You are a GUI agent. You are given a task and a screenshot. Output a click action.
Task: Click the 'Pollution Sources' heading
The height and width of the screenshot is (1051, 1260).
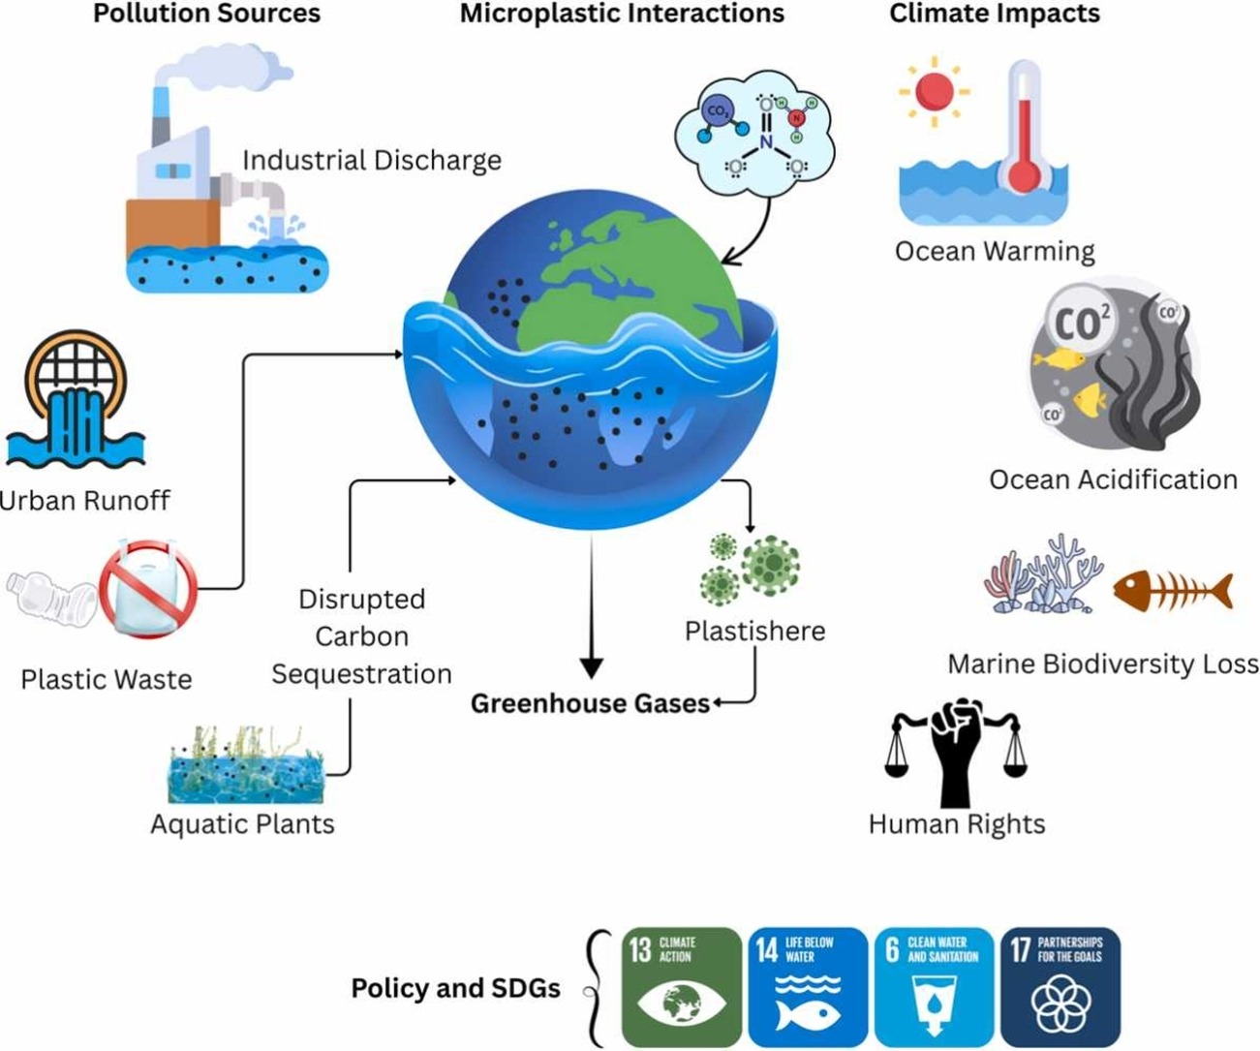coord(206,14)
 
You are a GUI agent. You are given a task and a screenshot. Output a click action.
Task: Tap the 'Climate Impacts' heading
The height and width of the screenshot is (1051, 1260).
coord(995,14)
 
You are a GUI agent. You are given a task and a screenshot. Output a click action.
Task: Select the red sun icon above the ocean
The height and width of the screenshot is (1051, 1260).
coord(934,92)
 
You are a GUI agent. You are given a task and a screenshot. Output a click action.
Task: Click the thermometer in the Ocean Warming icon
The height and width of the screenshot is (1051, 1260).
coord(1024,126)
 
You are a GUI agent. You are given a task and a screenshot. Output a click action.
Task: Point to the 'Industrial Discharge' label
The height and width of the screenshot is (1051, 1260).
coord(372,160)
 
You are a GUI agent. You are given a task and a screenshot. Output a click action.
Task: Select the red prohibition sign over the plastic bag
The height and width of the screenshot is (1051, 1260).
coord(155,587)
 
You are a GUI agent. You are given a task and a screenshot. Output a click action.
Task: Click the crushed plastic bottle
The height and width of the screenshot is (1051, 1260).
coord(53,601)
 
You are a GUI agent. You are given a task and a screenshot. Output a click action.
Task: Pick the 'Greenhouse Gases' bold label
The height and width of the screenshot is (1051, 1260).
coord(590,703)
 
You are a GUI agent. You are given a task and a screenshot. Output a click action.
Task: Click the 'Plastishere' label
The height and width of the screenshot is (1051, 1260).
coord(754,632)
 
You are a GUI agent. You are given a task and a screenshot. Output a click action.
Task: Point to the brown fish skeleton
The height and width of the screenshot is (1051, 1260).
coord(1173,589)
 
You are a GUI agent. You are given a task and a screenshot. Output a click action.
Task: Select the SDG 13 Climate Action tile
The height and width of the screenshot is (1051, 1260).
coord(681,986)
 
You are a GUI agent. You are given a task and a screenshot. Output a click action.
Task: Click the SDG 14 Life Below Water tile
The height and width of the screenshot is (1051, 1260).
coord(806,986)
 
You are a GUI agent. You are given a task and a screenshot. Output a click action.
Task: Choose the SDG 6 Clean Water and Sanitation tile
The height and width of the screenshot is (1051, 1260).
coord(934,986)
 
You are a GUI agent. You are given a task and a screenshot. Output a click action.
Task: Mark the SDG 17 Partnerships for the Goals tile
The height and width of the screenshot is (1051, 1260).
coord(1060,986)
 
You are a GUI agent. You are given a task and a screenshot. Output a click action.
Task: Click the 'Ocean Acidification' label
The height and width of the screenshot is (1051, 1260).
coord(1113,479)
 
